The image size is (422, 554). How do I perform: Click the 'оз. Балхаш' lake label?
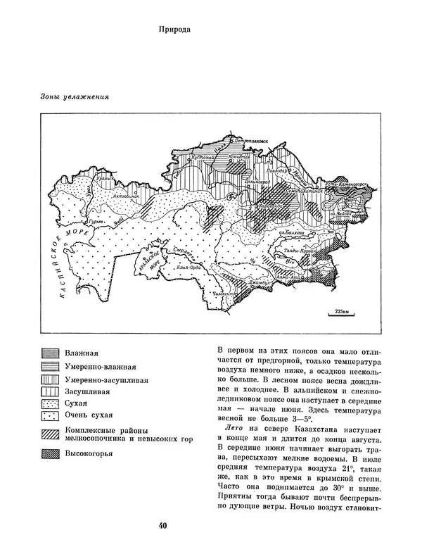[289, 232]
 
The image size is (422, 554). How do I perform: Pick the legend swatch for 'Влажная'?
[49, 353]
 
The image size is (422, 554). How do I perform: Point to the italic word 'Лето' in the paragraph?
[232, 427]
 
